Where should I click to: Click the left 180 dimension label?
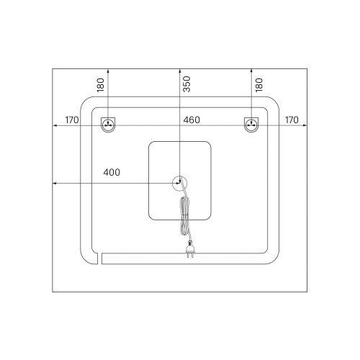coord(101,85)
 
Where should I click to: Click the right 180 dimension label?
coord(259,85)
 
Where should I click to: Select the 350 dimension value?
coord(186,84)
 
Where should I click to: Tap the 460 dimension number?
coord(192,120)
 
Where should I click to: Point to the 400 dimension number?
coord(112,172)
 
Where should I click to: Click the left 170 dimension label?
coord(72,120)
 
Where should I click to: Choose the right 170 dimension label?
coord(292,120)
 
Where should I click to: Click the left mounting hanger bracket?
coord(108,125)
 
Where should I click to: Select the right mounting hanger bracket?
coord(251,125)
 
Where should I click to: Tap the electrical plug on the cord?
coord(191,249)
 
